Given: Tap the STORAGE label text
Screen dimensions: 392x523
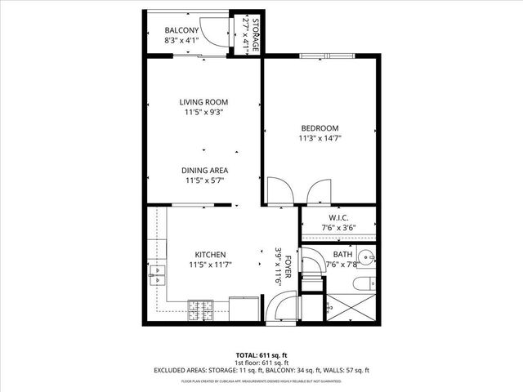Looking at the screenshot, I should [x=255, y=36].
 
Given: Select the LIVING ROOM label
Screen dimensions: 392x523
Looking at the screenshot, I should [x=204, y=102].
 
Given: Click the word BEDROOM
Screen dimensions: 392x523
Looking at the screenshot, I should [x=320, y=127].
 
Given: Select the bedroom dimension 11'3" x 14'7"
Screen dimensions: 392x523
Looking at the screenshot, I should [x=320, y=139].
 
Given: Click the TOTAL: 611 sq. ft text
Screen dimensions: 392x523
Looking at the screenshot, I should [x=261, y=355].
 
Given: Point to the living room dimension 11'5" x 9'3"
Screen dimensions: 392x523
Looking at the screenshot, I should [x=204, y=113].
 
